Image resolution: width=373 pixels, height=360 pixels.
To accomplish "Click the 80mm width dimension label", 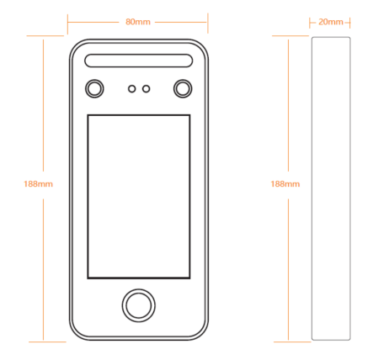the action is [x=138, y=22].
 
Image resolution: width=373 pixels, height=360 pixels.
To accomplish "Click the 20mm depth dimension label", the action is [x=331, y=22].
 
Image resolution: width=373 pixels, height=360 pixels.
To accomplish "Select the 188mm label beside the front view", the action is [x=38, y=184].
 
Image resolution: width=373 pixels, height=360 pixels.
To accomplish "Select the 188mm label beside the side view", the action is [x=285, y=184].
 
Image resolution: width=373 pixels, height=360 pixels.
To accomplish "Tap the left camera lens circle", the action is [x=94, y=88].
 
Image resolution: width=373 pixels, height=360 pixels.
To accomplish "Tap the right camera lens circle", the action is [x=183, y=88].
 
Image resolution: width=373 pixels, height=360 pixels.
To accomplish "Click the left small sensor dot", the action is [x=132, y=89].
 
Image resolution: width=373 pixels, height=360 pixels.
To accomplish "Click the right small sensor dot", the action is [x=146, y=89].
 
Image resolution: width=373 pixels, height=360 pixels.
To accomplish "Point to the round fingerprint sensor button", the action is [x=139, y=305].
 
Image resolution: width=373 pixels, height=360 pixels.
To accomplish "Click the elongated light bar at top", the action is [x=139, y=61].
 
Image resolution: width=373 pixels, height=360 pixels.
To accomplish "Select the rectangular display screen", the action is [x=139, y=197].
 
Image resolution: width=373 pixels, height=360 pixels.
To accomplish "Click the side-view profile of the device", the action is [x=331, y=188].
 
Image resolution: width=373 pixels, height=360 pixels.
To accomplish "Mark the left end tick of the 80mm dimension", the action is [x=67, y=24].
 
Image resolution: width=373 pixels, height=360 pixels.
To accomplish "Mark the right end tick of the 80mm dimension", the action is [x=208, y=23].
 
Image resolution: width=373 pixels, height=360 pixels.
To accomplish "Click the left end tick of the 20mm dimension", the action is [x=310, y=23].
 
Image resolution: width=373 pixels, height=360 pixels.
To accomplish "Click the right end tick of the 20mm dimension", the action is [x=350, y=23].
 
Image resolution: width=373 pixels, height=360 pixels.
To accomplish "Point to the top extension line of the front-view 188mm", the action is [x=45, y=36].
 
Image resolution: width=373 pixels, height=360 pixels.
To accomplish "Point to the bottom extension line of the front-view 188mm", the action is [x=47, y=341].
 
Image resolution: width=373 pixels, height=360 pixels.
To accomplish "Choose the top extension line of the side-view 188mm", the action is [x=290, y=36].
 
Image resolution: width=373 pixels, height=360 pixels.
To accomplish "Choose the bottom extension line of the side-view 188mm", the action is [x=292, y=341].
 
